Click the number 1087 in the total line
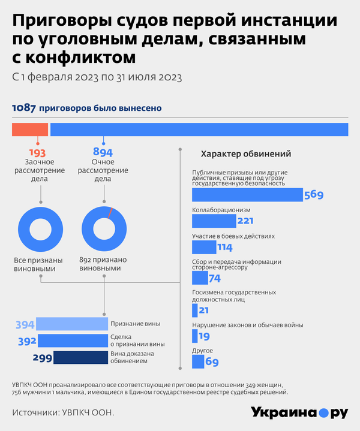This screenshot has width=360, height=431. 23,108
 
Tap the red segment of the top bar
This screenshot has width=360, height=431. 30,129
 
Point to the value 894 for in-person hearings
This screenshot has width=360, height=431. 103,152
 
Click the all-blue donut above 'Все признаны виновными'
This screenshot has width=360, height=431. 40,229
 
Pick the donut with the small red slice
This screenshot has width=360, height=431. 103,229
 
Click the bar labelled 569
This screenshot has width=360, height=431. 247,195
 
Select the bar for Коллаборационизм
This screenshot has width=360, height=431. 214,221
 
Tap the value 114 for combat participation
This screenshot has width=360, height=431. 224,248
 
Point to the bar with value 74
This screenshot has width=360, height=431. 199,278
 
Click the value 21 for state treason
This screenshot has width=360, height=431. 203,310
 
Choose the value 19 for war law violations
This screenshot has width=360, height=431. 203,336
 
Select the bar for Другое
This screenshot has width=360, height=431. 198,361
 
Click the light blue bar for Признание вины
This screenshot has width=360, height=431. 73,324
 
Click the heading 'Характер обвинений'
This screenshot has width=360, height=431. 245,153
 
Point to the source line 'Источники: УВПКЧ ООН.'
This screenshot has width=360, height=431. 62,413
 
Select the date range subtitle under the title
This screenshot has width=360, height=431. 97,77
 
